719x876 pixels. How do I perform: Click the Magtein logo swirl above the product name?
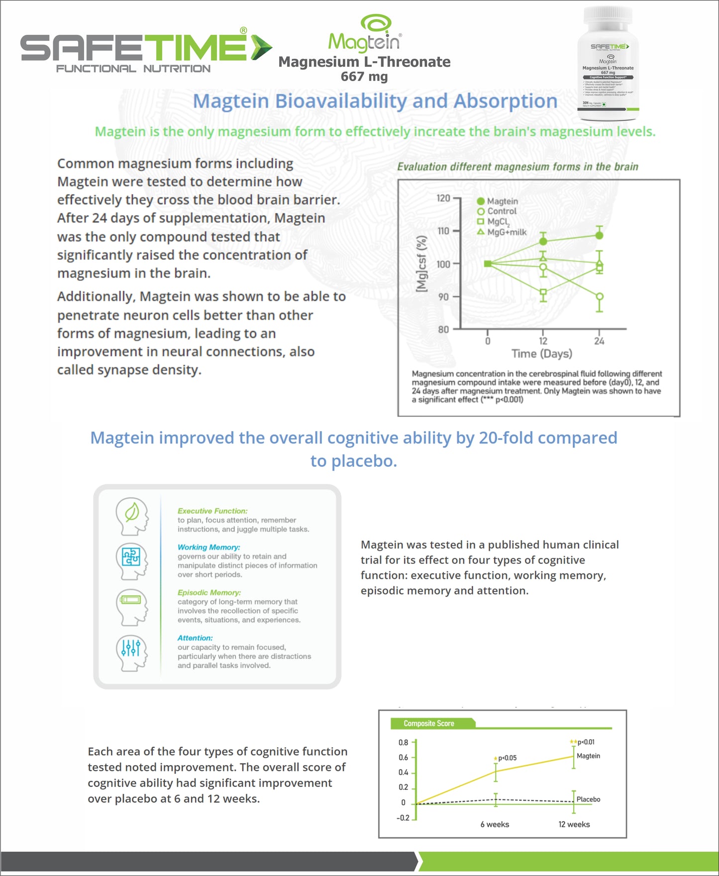point(376,24)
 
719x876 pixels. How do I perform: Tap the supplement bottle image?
point(608,64)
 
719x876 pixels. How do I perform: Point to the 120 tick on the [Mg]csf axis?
point(443,198)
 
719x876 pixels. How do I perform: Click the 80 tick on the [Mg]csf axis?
point(443,329)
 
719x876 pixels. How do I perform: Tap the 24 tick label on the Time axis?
point(599,341)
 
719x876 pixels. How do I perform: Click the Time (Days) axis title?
point(542,354)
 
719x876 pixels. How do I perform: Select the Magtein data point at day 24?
point(600,235)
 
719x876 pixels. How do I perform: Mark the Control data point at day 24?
point(600,297)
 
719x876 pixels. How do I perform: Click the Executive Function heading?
point(212,511)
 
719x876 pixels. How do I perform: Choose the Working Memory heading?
point(209,547)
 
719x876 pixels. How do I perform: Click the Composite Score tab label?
point(429,723)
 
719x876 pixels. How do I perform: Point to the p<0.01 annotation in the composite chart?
point(586,742)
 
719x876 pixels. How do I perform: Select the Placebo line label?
point(588,799)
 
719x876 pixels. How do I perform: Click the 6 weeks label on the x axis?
point(495,824)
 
